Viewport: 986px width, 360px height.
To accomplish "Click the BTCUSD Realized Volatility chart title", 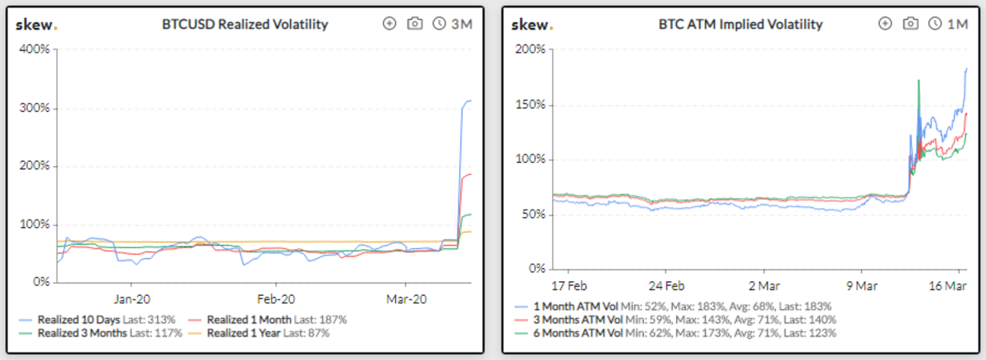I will coord(245,24).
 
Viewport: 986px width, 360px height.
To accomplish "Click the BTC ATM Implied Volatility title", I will coord(740,24).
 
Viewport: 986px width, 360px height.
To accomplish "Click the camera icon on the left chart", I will coord(415,24).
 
